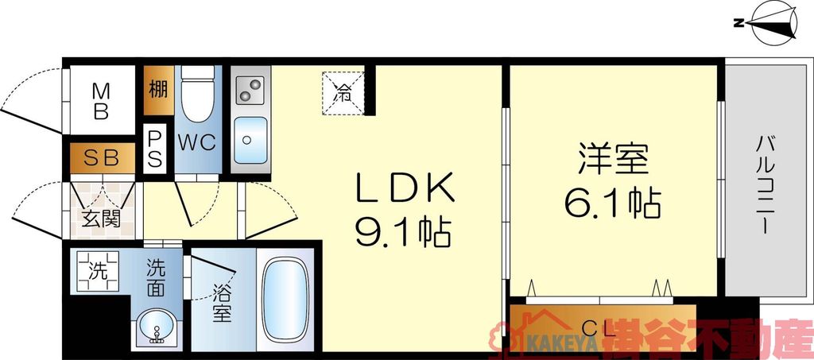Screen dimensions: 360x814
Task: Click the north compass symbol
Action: point(769,22)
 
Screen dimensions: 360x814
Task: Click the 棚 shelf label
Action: point(156,89)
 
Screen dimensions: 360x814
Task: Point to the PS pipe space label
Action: point(155,147)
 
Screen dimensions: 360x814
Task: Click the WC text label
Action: point(196,143)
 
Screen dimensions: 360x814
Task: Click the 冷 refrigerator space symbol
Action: point(342,92)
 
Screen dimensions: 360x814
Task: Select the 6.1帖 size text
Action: point(612,204)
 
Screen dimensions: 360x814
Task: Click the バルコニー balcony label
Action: point(765,184)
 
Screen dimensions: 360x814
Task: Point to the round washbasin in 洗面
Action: point(156,329)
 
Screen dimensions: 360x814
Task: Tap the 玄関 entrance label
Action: point(100,217)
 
